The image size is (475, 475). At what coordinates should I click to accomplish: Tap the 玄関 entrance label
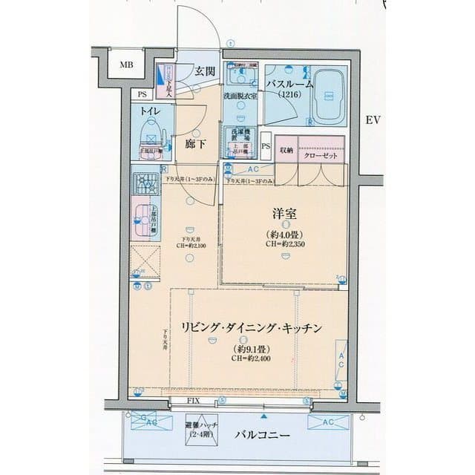tap(206, 71)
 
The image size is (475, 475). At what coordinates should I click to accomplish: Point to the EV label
tap(373, 119)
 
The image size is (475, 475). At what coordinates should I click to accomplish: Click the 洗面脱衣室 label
tap(240, 97)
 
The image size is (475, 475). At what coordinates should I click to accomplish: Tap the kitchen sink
tap(142, 217)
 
